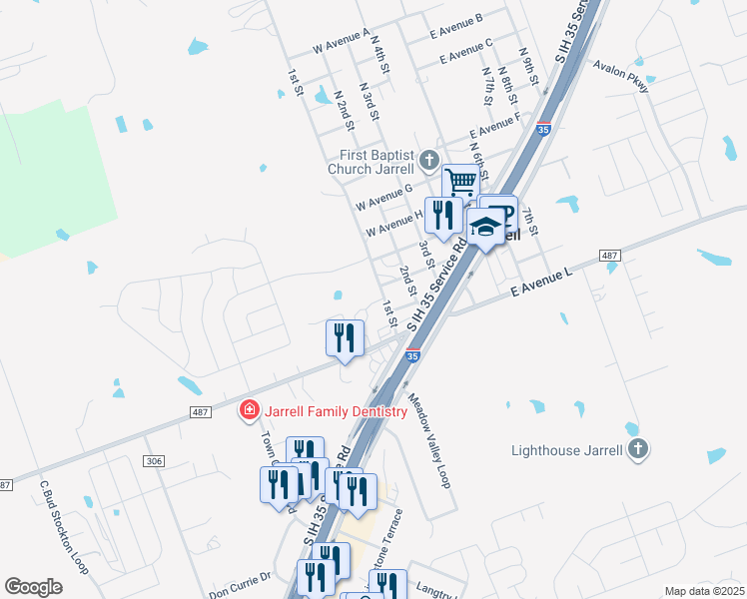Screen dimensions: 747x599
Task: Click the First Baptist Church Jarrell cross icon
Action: tap(429, 160)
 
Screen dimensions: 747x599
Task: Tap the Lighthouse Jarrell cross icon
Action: tap(639, 449)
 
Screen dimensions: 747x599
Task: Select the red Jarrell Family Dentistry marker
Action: tap(249, 410)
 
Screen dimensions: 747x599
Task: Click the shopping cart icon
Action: tap(460, 183)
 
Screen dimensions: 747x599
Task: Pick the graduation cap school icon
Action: tap(486, 229)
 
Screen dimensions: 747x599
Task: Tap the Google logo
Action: tap(33, 587)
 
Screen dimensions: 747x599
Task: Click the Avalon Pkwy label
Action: tap(621, 77)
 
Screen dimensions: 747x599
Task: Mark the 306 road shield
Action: tap(153, 460)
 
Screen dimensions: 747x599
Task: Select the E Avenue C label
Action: tap(460, 50)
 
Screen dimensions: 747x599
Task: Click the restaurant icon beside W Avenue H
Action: tap(442, 214)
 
